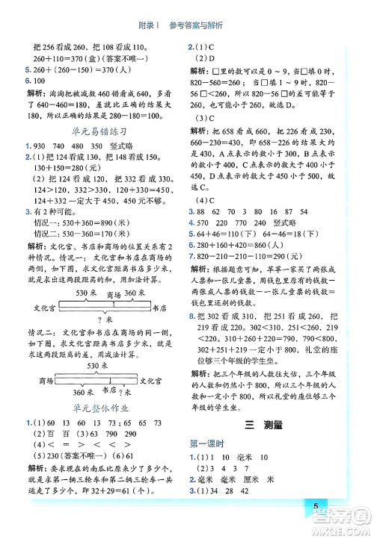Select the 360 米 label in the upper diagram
point(135,292)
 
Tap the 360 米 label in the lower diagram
point(82,393)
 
